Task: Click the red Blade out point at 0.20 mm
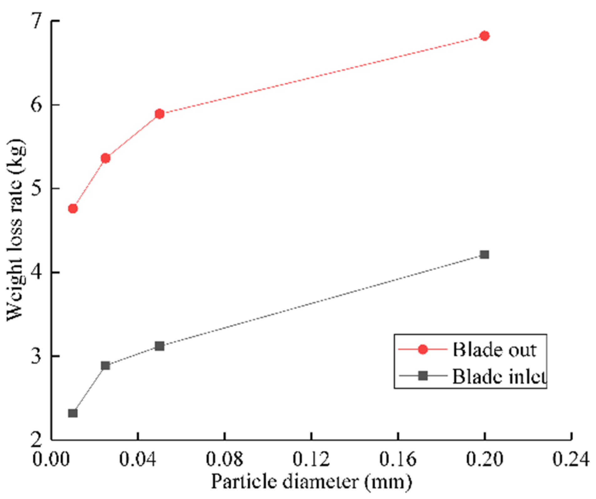click(x=484, y=36)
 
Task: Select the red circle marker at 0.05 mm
click(x=160, y=114)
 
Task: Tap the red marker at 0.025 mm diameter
click(x=106, y=158)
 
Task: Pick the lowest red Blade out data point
click(x=73, y=208)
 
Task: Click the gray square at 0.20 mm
click(x=484, y=255)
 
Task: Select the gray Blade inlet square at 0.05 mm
click(x=160, y=346)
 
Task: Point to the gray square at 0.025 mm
click(x=106, y=366)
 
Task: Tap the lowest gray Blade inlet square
click(x=73, y=413)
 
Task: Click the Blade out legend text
click(x=494, y=350)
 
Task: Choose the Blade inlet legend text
click(x=499, y=376)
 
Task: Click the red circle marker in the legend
click(x=423, y=349)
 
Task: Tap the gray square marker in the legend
click(x=423, y=376)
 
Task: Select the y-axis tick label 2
click(x=37, y=440)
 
